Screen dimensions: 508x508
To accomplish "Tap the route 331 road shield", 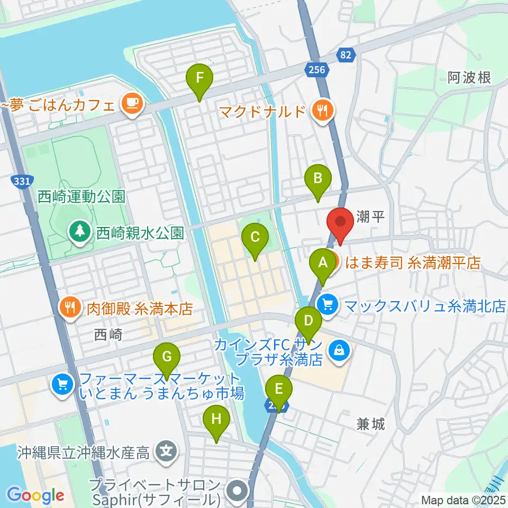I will coord(21,182).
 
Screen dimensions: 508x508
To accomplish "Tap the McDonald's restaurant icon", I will coord(322,111).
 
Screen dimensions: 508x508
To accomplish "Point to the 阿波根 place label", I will coord(469,78).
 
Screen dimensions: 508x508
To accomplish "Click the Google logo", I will coord(36,496).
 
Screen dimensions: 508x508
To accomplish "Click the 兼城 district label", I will coord(370,423).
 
